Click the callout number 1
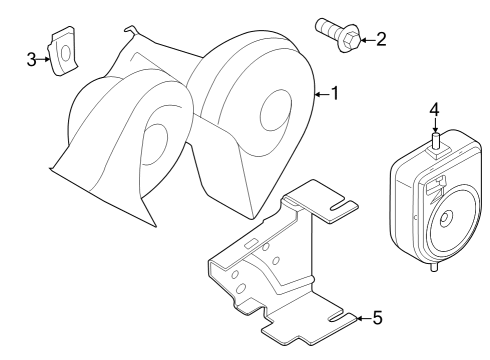click(x=335, y=93)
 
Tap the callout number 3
click(x=32, y=59)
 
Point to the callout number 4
click(x=434, y=109)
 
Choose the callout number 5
click(x=376, y=319)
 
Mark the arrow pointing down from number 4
click(x=434, y=126)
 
